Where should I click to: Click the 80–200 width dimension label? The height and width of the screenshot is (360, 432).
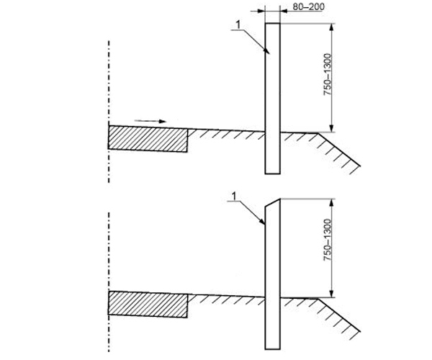click(308, 6)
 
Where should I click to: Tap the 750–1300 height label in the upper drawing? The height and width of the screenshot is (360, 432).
click(328, 74)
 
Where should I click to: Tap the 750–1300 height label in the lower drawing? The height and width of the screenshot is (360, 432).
click(328, 240)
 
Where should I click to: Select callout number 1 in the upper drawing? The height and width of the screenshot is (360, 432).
click(238, 24)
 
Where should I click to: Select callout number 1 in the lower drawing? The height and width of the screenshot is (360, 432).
click(235, 197)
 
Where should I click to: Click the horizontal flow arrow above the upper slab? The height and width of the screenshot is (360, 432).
click(150, 121)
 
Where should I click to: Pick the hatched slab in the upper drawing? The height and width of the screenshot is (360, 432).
click(148, 138)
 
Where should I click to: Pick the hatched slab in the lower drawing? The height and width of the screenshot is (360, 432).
click(148, 304)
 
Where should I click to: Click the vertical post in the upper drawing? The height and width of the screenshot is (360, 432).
click(272, 99)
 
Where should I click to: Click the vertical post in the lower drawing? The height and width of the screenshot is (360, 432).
click(272, 274)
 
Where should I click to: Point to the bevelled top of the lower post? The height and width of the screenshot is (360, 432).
click(272, 202)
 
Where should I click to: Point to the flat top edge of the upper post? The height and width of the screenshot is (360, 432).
click(272, 24)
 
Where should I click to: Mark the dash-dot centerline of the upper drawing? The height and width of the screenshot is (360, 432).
click(109, 112)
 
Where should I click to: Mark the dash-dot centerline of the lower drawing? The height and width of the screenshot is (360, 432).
click(109, 282)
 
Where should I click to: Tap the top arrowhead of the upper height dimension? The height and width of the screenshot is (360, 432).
click(332, 27)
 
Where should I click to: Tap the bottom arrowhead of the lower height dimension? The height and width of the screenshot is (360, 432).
click(332, 294)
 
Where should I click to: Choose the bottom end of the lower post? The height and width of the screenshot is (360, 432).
click(272, 349)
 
